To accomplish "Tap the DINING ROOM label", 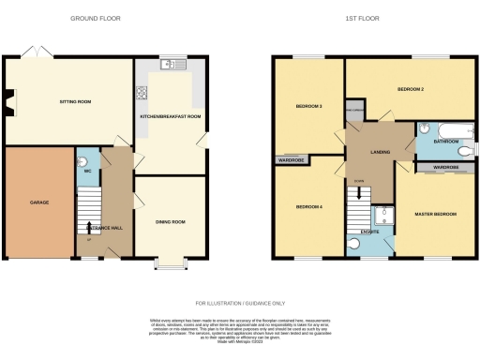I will (x=171, y=221).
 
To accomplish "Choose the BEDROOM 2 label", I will (x=411, y=89).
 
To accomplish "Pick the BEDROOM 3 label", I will (x=309, y=106).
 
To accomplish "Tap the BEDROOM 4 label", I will (x=309, y=206).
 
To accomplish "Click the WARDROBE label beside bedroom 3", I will (x=292, y=160).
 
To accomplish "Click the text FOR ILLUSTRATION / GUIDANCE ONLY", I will (x=240, y=303).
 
